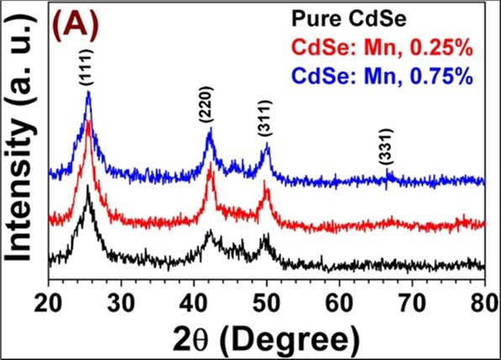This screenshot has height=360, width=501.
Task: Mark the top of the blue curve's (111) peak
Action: point(88,93)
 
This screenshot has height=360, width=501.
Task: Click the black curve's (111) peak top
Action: point(88,187)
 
